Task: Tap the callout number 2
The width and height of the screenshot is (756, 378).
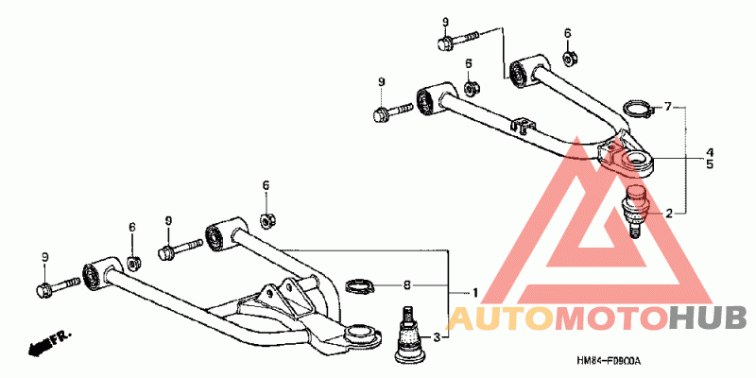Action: (669, 213)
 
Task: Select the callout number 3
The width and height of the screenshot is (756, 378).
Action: (437, 337)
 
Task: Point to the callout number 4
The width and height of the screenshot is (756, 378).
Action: (708, 152)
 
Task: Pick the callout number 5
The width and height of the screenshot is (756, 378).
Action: (708, 164)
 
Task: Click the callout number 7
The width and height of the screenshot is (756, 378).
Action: (668, 107)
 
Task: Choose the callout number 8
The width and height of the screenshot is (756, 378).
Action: (407, 284)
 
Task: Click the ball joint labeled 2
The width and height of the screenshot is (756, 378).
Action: (637, 211)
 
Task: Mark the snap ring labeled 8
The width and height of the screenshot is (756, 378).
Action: (360, 284)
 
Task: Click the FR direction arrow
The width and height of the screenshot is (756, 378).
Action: (50, 342)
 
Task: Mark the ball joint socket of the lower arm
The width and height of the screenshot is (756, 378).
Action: (359, 333)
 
